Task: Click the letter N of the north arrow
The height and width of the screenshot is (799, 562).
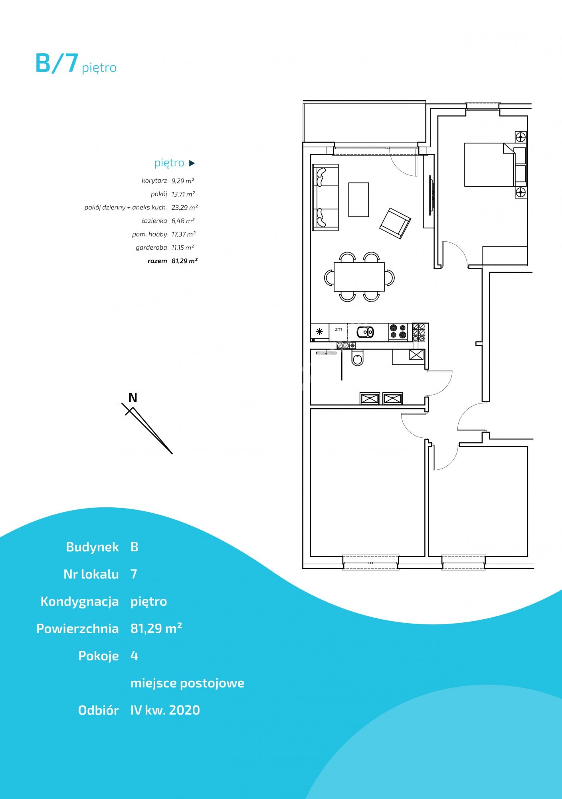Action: [133, 398]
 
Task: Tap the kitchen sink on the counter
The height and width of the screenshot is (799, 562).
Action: [365, 332]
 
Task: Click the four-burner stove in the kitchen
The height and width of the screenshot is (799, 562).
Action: [398, 332]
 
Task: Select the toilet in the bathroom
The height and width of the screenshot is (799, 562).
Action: [358, 358]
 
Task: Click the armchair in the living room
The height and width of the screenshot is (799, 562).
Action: [395, 223]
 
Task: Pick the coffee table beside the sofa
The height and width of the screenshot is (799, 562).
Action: [358, 200]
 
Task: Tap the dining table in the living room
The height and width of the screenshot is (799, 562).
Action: [359, 277]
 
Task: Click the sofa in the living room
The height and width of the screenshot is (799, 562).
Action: [325, 197]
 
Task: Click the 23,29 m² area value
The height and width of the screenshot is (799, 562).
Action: [185, 207]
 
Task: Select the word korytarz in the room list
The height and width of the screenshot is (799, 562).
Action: [154, 181]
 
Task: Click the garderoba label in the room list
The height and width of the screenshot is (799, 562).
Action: [151, 248]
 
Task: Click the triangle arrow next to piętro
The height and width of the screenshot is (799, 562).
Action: [192, 163]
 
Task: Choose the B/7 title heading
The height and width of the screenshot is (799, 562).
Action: [56, 63]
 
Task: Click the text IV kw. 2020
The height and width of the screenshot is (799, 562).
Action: [165, 710]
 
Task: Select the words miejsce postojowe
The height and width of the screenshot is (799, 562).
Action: [187, 683]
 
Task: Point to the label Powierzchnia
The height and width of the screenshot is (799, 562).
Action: [78, 628]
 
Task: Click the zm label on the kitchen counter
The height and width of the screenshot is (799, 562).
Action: [338, 329]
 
